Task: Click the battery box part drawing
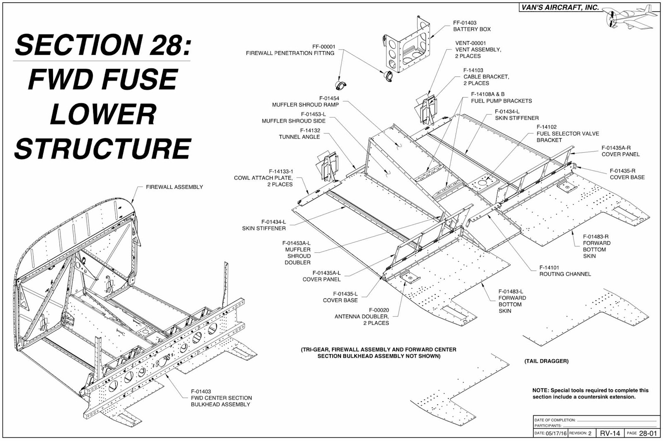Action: click(x=407, y=46)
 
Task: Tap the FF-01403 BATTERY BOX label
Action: click(x=472, y=26)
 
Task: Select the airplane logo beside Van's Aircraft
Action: click(x=630, y=17)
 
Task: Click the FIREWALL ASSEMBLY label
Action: click(x=174, y=187)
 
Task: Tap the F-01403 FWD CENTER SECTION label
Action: click(x=221, y=398)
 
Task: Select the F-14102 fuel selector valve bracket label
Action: click(x=568, y=133)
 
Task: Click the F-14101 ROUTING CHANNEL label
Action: click(x=565, y=271)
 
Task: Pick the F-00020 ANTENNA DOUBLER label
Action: click(x=362, y=317)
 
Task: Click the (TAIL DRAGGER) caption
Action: click(x=547, y=361)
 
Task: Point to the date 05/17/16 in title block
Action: click(x=556, y=433)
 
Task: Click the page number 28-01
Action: click(x=648, y=433)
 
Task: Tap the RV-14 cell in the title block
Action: click(x=610, y=433)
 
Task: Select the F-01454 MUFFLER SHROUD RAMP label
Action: click(x=305, y=101)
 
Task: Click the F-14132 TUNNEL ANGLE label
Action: click(x=299, y=134)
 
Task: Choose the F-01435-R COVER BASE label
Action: click(x=627, y=174)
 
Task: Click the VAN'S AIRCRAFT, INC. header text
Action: click(x=560, y=8)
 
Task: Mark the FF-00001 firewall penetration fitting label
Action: click(x=290, y=50)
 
